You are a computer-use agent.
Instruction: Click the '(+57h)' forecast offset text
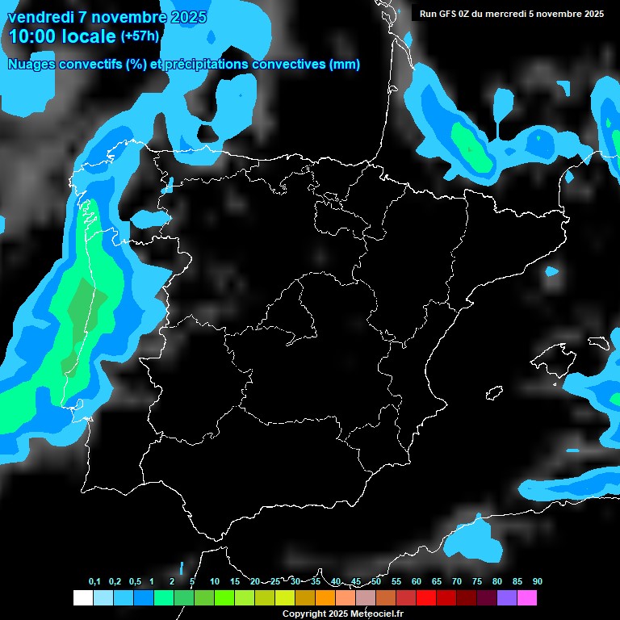140,36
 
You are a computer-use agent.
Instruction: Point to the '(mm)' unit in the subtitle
345,65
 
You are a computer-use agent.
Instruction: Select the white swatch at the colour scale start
82,597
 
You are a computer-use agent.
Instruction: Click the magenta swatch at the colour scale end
527,597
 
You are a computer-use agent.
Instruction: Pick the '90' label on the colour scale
538,581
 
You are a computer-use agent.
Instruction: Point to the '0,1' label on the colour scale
94,581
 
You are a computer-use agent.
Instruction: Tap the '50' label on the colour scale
376,581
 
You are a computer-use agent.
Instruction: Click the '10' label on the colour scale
215,581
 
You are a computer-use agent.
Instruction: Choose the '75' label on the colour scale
477,581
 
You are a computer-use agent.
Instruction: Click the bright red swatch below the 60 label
426,597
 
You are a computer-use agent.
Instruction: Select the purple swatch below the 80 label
507,597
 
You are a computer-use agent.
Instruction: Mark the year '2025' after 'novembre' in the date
184,17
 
